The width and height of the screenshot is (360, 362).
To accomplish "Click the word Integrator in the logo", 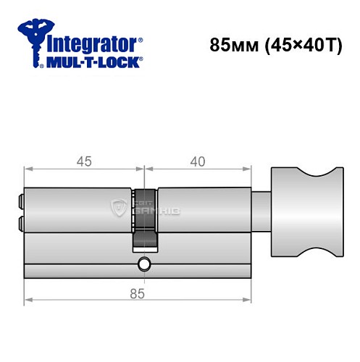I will [x=93, y=43].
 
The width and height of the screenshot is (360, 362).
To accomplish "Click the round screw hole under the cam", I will [x=144, y=264].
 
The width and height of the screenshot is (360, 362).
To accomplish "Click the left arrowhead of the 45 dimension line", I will [x=28, y=172].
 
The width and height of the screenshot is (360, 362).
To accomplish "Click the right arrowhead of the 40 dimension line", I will [x=260, y=172].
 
